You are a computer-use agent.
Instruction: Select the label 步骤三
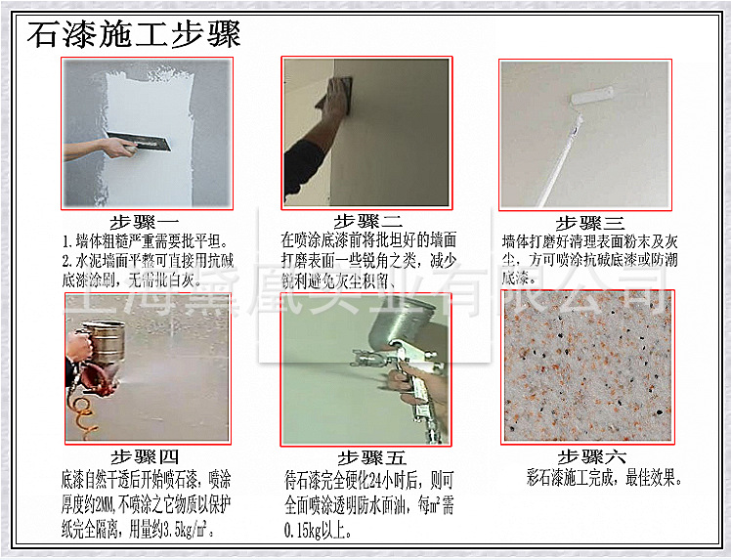(590, 223)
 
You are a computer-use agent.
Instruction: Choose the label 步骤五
(370, 457)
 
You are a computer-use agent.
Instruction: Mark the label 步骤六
(591, 456)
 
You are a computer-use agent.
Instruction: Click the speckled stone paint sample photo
(587, 366)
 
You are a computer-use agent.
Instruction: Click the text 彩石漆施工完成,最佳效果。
(603, 479)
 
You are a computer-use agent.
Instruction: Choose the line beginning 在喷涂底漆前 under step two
(368, 239)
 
